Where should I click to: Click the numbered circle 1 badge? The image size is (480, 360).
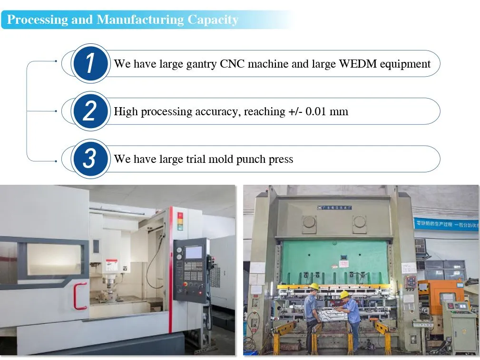click(x=90, y=63)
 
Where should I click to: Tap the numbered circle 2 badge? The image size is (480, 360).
click(x=90, y=111)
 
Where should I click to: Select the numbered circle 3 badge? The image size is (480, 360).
click(x=90, y=159)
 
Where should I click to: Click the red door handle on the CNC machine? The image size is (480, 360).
click(x=80, y=296)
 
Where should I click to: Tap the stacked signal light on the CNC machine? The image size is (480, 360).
click(x=180, y=221)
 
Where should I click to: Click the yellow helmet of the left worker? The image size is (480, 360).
click(x=313, y=286)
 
